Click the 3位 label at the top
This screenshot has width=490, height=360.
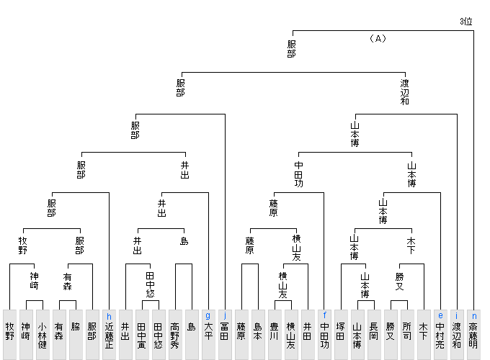466,22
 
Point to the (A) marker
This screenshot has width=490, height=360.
377,38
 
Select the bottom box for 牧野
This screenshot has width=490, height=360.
9,335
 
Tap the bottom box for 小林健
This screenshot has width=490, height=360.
43,335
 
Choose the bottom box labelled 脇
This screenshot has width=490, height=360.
75,335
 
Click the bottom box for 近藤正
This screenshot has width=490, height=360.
109,335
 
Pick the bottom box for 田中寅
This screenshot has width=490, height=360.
142,335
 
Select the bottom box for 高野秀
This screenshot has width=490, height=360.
175,335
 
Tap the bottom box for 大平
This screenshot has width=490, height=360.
208,335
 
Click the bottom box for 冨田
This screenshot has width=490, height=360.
225,335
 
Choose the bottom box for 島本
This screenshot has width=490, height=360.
257,335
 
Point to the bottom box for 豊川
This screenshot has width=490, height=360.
274,335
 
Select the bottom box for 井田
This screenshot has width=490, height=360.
308,335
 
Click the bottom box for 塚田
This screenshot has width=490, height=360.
341,335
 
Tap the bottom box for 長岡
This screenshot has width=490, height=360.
373,335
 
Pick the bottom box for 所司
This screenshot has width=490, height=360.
406,335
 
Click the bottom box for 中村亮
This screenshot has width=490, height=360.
440,335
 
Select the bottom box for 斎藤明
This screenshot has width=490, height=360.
473,335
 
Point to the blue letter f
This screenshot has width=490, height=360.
325,315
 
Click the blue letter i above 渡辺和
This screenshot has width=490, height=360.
457,315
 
